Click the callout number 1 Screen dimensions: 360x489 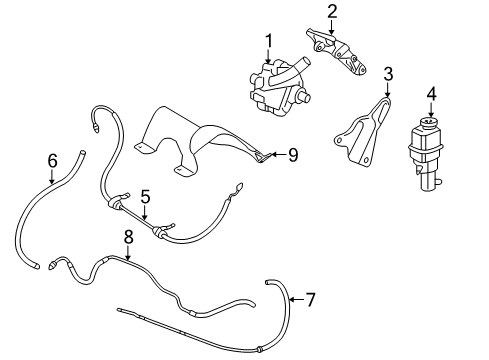(268, 40)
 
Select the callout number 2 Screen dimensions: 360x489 (332, 12)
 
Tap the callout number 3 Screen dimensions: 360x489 (389, 73)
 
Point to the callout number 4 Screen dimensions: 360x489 (431, 94)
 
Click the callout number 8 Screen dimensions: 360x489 (127, 236)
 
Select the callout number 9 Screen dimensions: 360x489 (293, 154)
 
